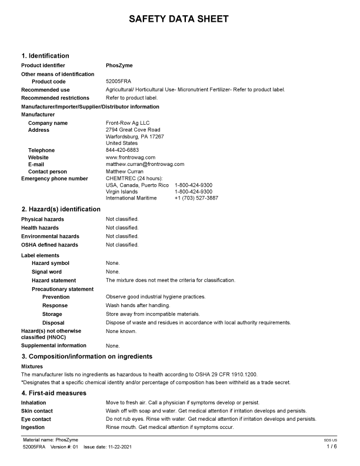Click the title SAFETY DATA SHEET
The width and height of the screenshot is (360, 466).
click(x=179, y=19)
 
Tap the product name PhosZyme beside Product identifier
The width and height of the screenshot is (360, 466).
click(x=118, y=65)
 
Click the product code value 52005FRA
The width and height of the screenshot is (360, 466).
click(x=118, y=81)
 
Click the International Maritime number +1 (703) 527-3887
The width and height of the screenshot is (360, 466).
click(x=196, y=198)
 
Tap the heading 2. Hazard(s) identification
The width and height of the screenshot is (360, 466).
click(x=61, y=209)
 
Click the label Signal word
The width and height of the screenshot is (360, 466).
click(x=46, y=272)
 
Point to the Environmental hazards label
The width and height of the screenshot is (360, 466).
click(x=50, y=236)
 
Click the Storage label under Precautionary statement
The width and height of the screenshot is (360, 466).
click(x=52, y=314)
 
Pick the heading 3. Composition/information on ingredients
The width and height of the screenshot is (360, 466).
click(x=87, y=357)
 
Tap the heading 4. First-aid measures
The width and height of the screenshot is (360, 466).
click(x=54, y=392)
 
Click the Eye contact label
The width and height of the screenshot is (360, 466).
click(x=36, y=419)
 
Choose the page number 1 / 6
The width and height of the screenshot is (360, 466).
click(x=332, y=447)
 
